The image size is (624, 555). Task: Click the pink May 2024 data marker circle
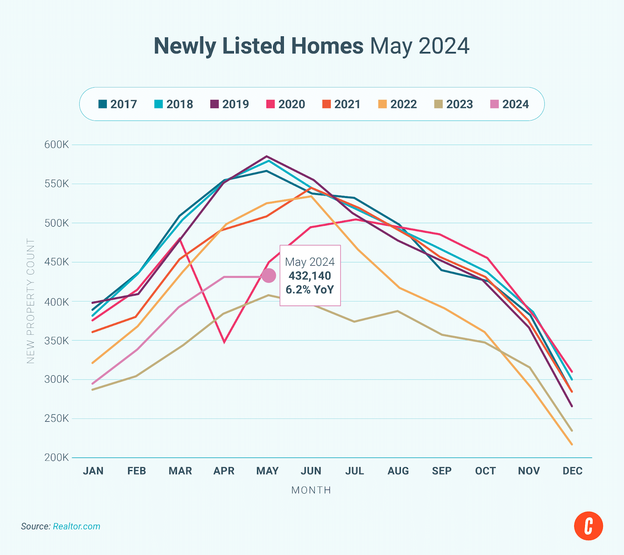(268, 276)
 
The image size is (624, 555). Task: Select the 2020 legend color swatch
(270, 104)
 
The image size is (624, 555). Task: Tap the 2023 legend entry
(454, 104)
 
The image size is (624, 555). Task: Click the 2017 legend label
(123, 104)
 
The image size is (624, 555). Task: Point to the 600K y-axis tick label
(57, 145)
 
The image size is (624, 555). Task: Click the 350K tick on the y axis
(57, 340)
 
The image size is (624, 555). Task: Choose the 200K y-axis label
(57, 457)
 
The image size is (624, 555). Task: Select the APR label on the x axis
(224, 471)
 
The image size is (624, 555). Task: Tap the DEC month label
(572, 471)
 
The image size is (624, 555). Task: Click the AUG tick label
(398, 471)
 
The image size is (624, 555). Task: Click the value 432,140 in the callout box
(310, 276)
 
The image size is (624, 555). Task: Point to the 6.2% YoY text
(310, 289)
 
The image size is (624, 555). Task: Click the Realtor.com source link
(76, 527)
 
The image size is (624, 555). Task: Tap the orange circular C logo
(588, 526)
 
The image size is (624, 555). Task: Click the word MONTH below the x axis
(311, 490)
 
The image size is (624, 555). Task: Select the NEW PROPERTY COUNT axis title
(31, 301)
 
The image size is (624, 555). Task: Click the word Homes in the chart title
(327, 46)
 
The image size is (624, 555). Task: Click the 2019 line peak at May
(267, 156)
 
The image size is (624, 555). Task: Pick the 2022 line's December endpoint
(572, 444)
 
